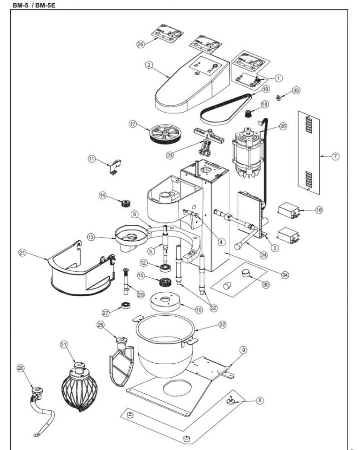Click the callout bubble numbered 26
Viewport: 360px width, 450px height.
pos(140,44)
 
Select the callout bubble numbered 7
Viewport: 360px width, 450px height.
pos(335,156)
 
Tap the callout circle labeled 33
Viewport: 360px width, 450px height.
pos(296,90)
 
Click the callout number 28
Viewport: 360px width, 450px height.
pos(20,368)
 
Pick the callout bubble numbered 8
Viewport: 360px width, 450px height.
pos(260,401)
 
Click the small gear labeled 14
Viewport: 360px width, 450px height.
pos(125,203)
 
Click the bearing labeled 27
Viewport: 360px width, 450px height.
pos(126,306)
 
